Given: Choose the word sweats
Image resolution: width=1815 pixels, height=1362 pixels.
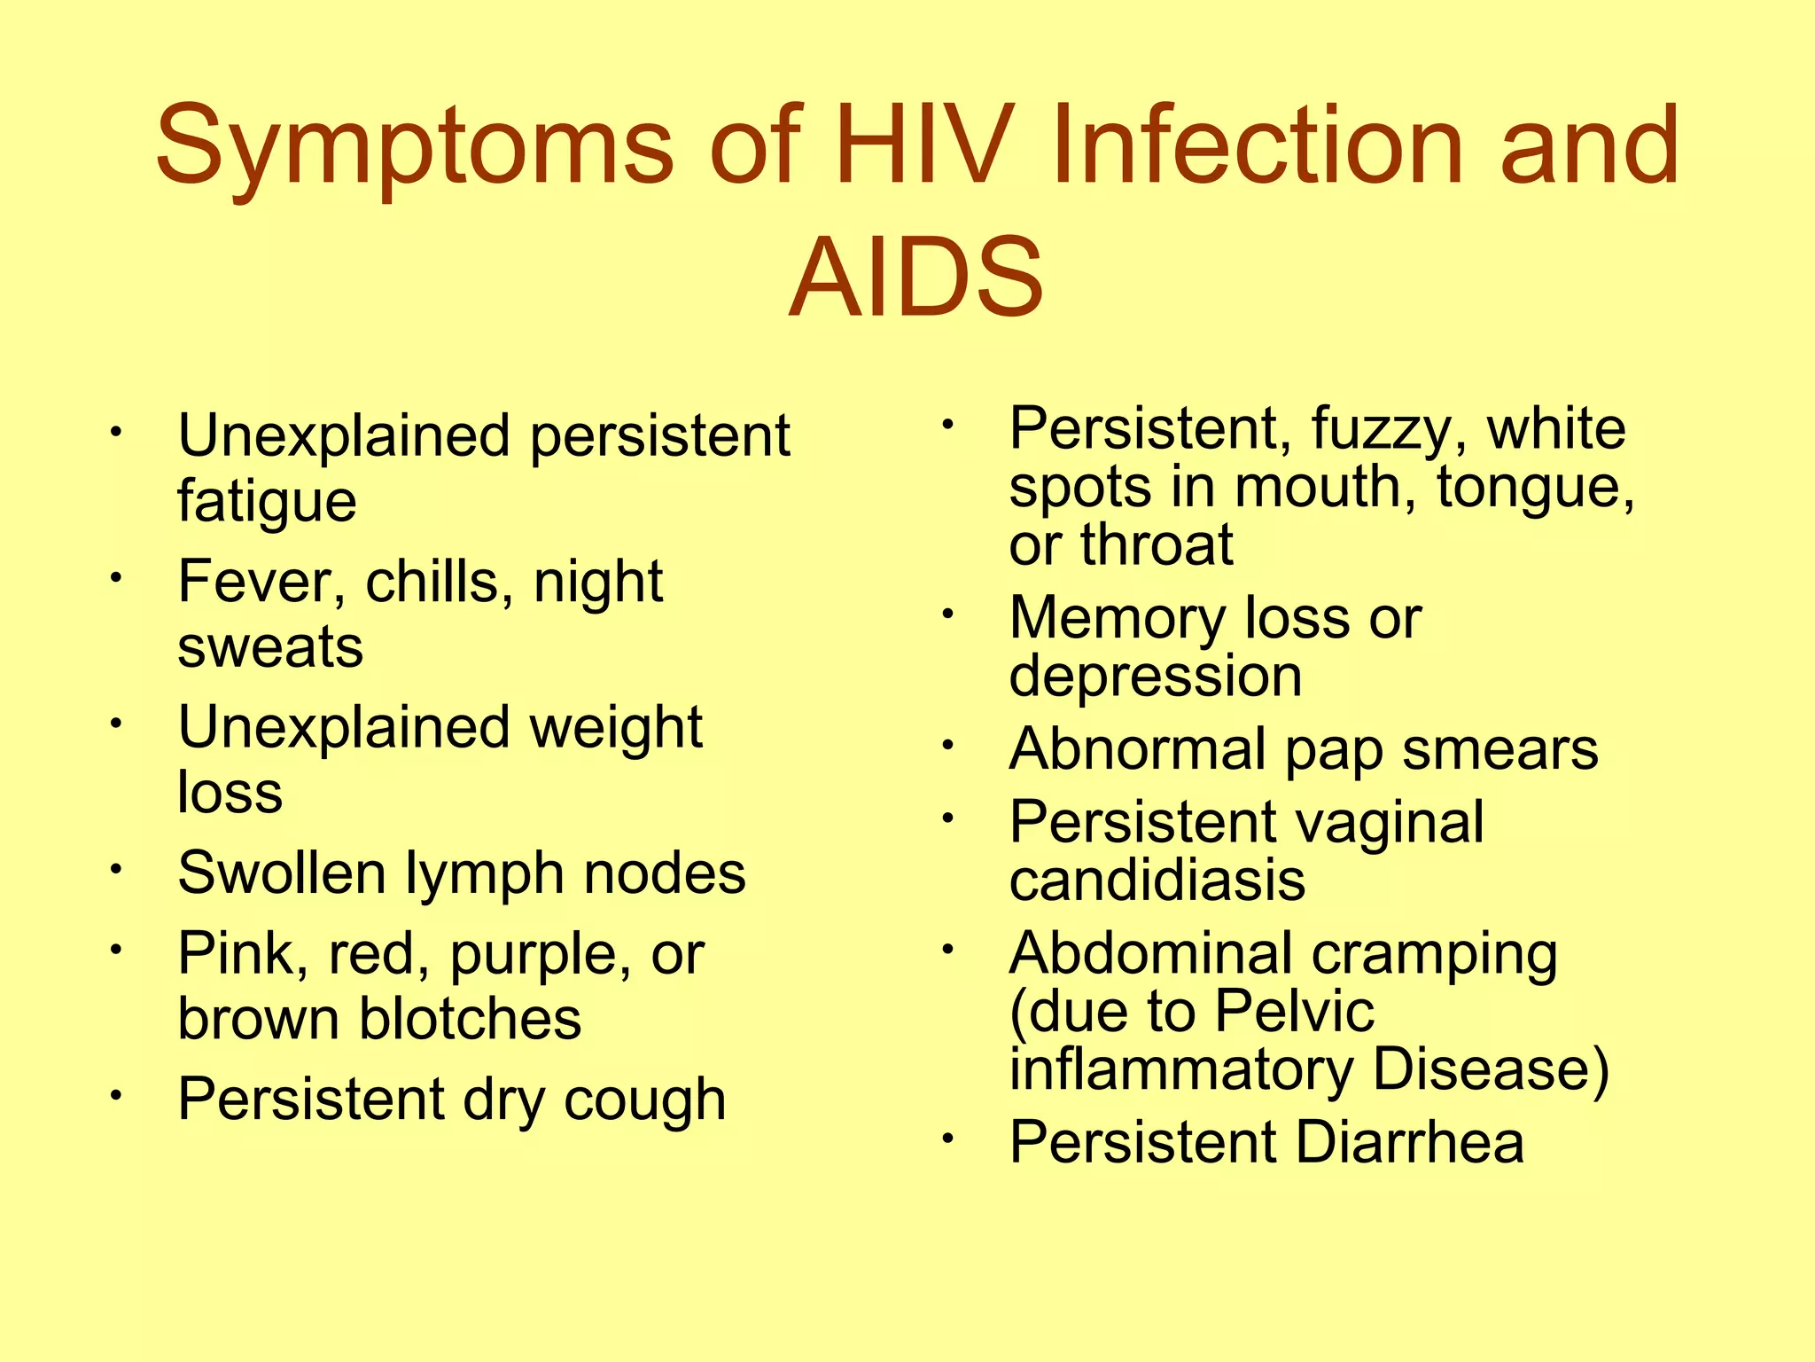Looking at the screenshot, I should [270, 646].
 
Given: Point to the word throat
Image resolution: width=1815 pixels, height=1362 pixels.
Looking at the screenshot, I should [1157, 544].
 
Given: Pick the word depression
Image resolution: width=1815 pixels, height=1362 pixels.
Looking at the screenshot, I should [1156, 677].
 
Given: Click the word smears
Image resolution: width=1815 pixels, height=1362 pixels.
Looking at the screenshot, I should [1500, 750].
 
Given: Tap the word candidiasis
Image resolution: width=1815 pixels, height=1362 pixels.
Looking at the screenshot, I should [1157, 881].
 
